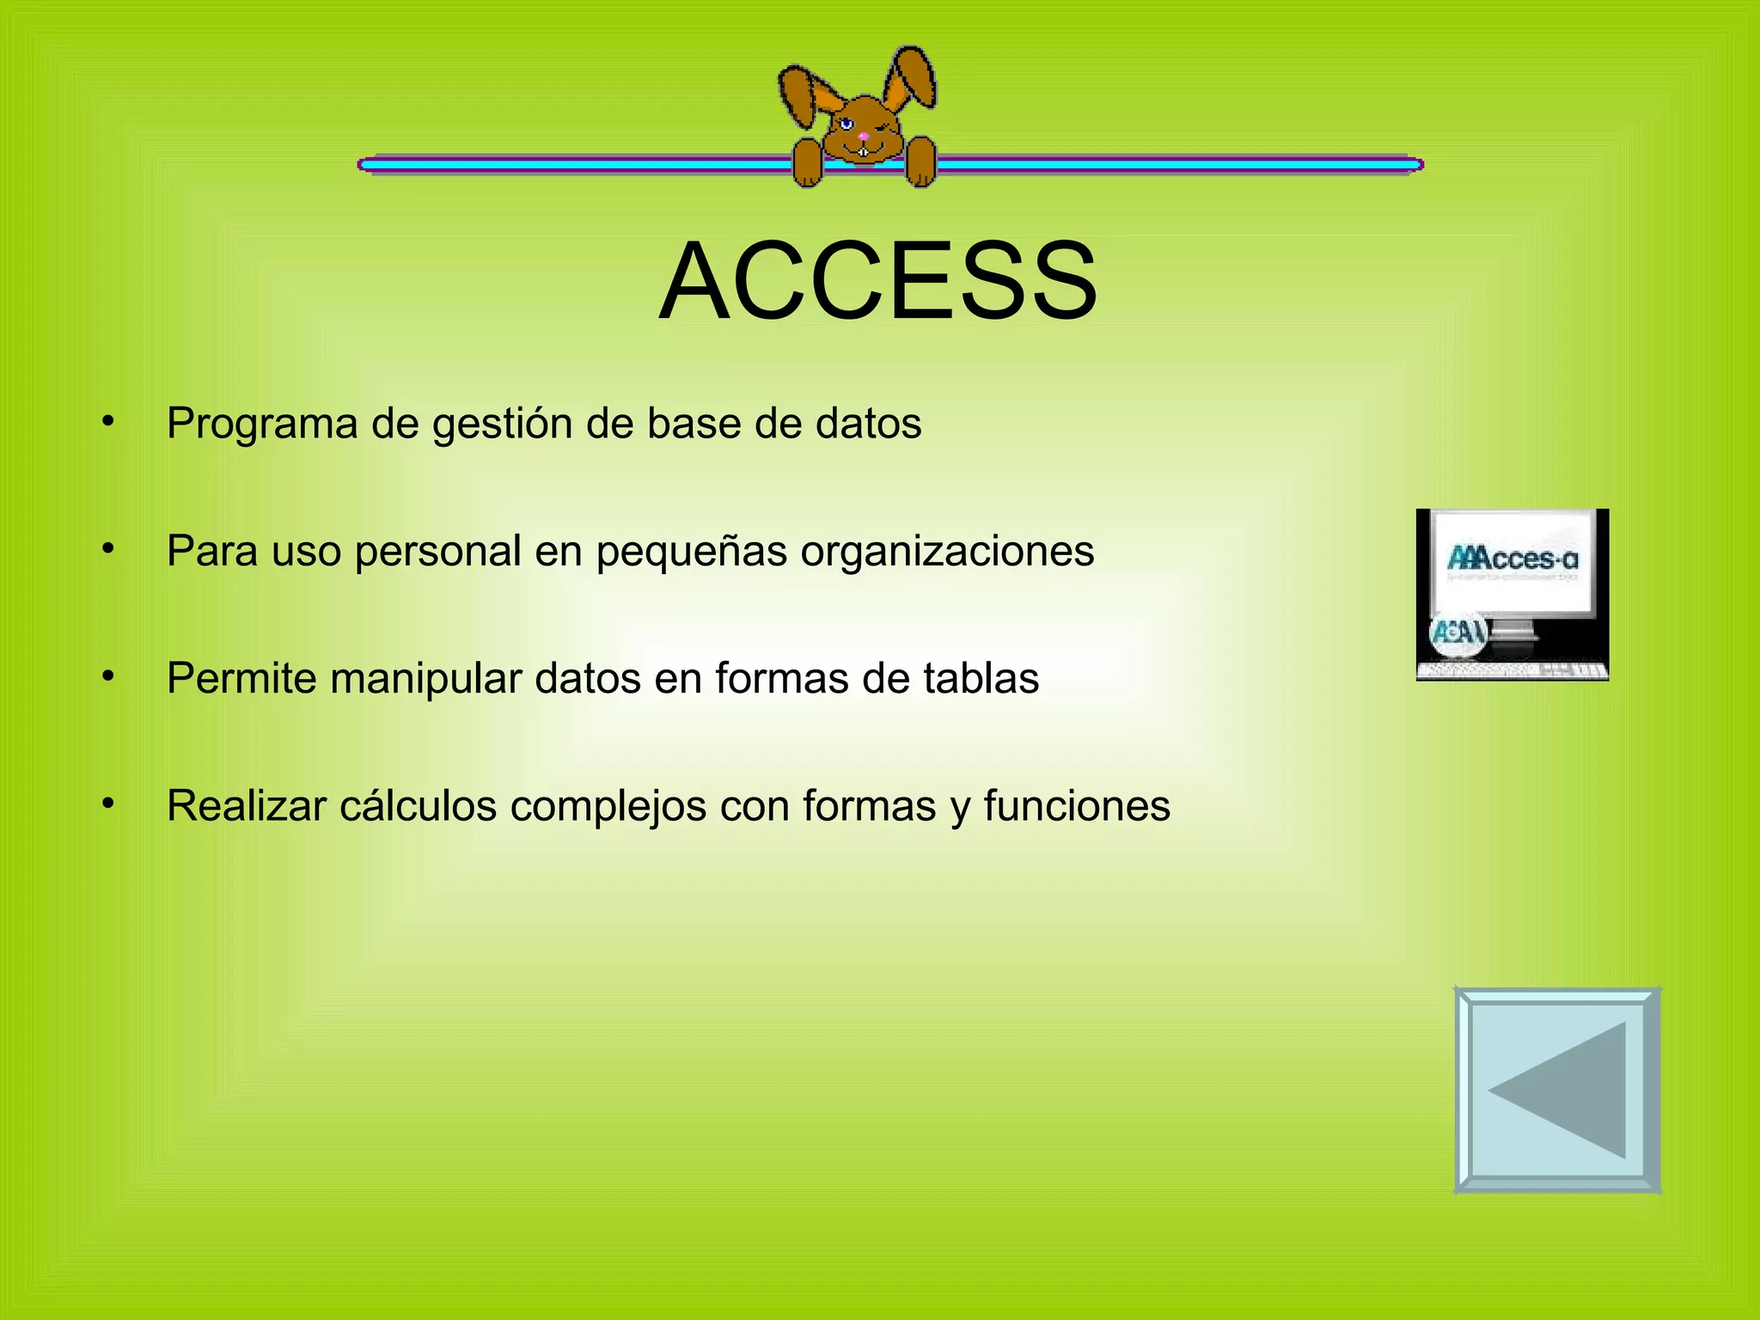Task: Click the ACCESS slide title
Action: click(x=877, y=281)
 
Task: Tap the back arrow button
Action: click(x=1556, y=1090)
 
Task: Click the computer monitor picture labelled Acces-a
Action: click(x=1512, y=595)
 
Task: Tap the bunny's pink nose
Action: click(x=863, y=136)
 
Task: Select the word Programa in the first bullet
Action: click(x=261, y=424)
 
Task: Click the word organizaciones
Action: click(x=947, y=552)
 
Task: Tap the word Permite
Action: click(x=241, y=679)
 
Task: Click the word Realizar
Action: click(x=246, y=806)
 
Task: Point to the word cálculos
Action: click(x=418, y=806)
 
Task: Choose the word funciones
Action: click(x=1077, y=806)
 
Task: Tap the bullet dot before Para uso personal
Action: click(x=107, y=548)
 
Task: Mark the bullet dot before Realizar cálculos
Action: click(x=107, y=804)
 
